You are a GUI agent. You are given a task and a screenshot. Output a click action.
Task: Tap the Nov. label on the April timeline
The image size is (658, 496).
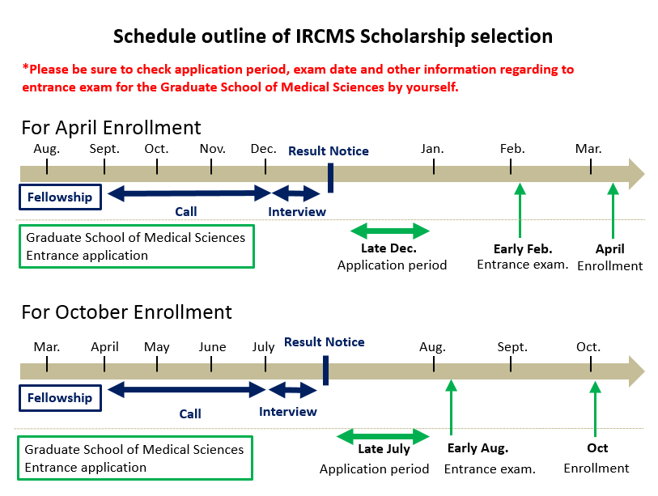212,149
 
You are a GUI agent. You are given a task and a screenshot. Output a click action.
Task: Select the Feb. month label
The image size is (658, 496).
512,149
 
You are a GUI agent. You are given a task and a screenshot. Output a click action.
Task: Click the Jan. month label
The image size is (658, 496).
432,149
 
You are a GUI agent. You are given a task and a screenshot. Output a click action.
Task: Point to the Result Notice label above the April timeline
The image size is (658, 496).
328,151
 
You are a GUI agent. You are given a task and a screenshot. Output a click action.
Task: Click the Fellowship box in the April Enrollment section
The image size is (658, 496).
60,197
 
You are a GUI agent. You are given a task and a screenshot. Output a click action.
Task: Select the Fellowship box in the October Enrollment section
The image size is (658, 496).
60,397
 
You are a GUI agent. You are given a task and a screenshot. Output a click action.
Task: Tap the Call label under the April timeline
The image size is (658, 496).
186,211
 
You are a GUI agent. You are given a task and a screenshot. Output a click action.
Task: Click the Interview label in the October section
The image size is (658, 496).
288,412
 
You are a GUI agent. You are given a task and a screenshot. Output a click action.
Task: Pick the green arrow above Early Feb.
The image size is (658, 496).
520,210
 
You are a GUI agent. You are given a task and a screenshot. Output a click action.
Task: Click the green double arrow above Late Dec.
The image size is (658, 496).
390,231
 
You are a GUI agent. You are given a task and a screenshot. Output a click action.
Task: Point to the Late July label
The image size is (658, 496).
384,448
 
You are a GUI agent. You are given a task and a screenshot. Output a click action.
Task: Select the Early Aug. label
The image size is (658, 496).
478,448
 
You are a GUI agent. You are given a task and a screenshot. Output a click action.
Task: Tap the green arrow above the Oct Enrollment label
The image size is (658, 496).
595,409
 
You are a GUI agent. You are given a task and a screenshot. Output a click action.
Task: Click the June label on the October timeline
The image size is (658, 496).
212,347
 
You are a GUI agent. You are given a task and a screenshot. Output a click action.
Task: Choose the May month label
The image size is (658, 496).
156,347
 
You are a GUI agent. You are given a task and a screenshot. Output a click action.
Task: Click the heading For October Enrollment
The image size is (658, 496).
127,312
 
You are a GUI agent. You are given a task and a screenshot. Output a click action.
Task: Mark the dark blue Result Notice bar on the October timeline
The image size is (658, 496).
325,370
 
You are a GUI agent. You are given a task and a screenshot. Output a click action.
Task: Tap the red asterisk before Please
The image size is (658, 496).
26,66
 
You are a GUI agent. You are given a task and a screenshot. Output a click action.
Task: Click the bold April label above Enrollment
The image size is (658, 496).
609,249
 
